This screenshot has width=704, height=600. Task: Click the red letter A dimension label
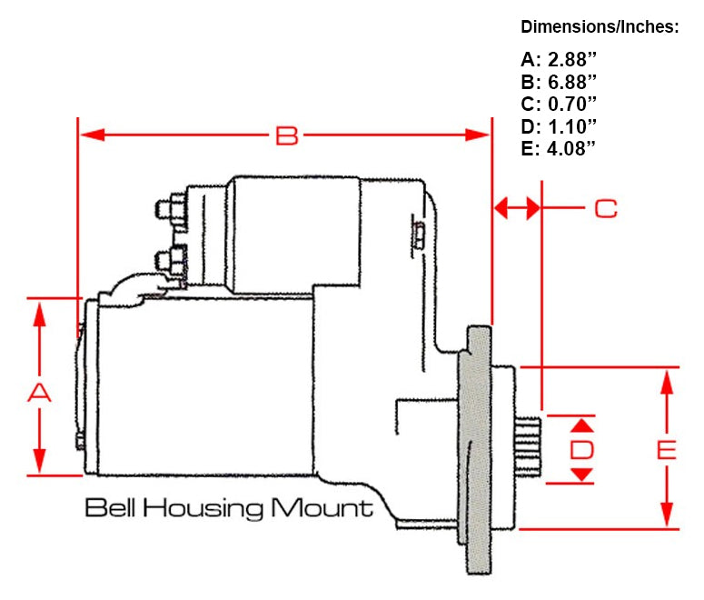point(38,393)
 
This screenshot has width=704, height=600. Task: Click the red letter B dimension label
point(286,135)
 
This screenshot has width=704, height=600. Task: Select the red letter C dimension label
point(605,208)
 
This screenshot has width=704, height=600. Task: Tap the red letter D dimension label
point(582,449)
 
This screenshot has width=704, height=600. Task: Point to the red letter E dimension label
point(667,449)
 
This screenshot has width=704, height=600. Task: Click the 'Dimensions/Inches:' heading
point(600,27)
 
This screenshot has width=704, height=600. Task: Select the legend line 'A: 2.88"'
point(559,60)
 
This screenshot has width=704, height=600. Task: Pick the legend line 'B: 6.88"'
point(559,82)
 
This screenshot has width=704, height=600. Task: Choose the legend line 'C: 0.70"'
point(559,104)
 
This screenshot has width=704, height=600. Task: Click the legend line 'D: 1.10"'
point(559,125)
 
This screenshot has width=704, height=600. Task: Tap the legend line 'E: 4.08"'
point(559,147)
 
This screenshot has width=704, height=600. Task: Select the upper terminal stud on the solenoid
point(168,210)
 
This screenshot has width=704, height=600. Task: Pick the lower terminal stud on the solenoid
point(168,259)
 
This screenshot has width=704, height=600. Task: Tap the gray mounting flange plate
point(474,450)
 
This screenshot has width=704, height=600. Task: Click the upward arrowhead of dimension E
point(668,380)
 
